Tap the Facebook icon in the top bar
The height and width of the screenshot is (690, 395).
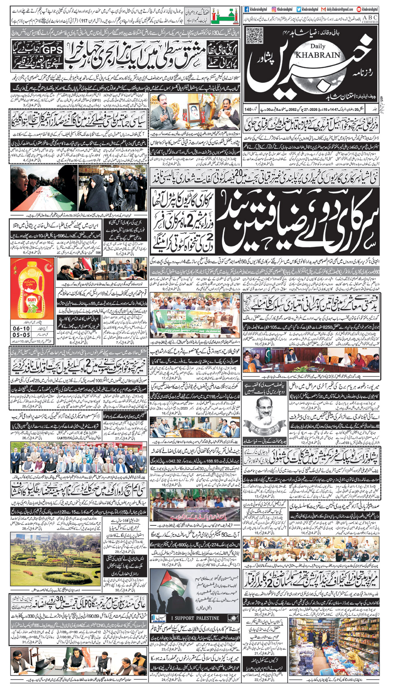(247, 9)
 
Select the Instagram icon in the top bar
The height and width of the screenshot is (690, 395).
(274, 9)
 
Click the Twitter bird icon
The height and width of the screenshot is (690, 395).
(299, 9)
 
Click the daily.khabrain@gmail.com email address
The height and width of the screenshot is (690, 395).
(339, 9)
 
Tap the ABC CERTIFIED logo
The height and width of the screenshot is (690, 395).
(370, 19)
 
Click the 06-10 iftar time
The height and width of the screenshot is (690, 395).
(21, 328)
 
